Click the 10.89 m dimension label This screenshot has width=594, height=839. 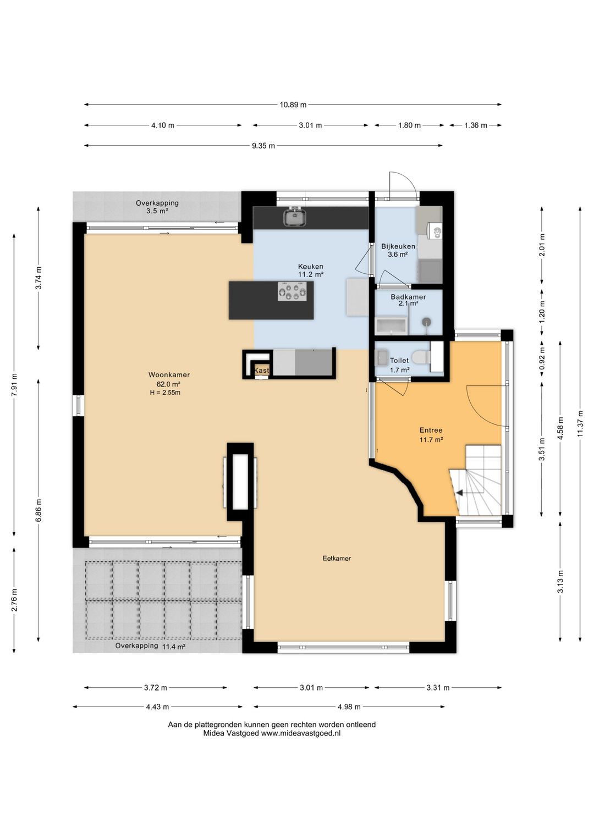point(293,105)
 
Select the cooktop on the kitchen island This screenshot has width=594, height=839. point(291,291)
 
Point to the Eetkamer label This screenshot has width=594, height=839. point(337,559)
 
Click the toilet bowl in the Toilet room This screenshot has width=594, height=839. point(421,357)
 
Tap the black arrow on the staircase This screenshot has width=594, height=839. point(459,493)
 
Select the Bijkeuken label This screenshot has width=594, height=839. point(398,246)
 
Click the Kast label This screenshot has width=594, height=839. point(262,371)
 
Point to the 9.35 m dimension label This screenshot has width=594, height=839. point(263,146)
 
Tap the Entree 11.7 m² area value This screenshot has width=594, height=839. point(431,440)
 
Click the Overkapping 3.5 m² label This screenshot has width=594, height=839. point(157,207)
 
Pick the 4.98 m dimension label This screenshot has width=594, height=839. point(349,707)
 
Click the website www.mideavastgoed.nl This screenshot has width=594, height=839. point(300,733)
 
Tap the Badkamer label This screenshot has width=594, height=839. point(408,297)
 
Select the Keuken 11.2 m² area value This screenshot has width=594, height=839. point(311,274)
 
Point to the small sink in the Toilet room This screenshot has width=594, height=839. point(382,357)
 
